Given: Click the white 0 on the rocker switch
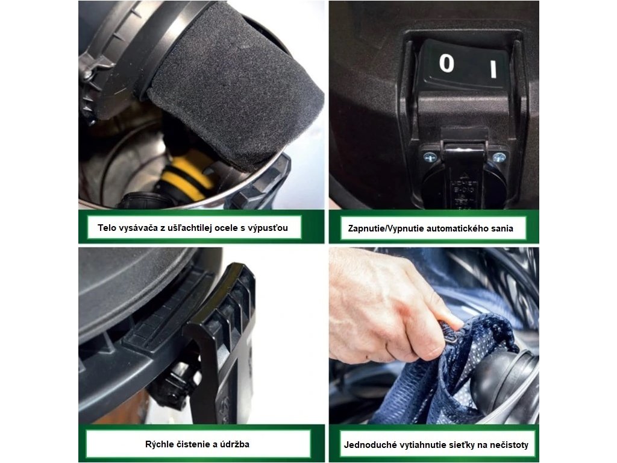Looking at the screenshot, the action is [446, 63].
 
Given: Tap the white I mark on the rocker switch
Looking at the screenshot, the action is [493, 69].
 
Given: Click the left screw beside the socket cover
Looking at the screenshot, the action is [429, 157].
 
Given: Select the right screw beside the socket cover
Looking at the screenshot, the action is [499, 157].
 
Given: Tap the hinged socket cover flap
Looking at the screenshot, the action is [465, 173].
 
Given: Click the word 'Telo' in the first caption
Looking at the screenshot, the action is [107, 227].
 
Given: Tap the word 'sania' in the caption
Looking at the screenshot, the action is [501, 228].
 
